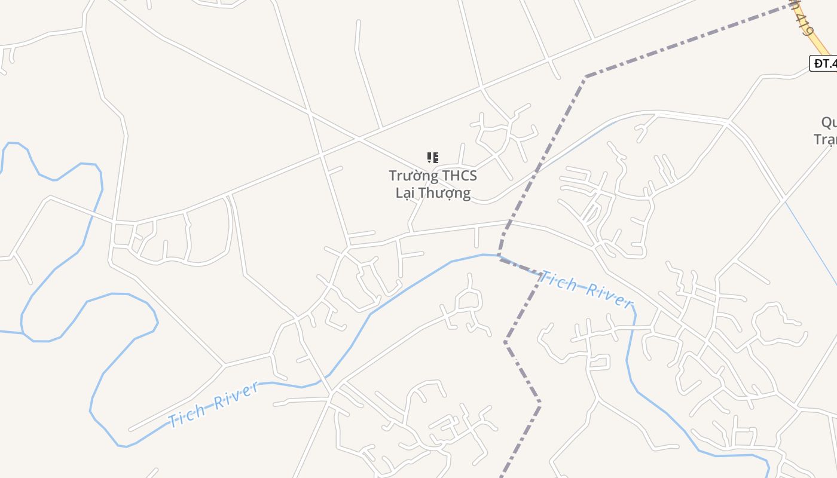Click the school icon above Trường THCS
click(x=433, y=158)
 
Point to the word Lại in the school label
click(x=405, y=193)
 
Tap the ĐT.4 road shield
click(x=823, y=63)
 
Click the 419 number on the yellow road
click(x=805, y=21)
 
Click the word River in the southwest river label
click(x=237, y=395)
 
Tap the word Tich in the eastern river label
click(x=558, y=280)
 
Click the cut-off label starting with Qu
click(x=829, y=123)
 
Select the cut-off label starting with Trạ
click(x=825, y=139)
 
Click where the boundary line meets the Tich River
click(x=500, y=257)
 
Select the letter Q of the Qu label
click(x=826, y=123)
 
